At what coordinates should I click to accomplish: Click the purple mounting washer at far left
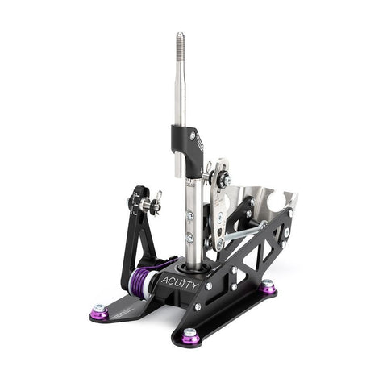(x=99, y=310)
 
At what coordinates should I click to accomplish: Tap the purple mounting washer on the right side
(x=268, y=286)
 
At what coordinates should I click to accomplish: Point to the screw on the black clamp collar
(x=192, y=137)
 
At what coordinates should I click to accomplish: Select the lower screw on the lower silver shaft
(x=190, y=237)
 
